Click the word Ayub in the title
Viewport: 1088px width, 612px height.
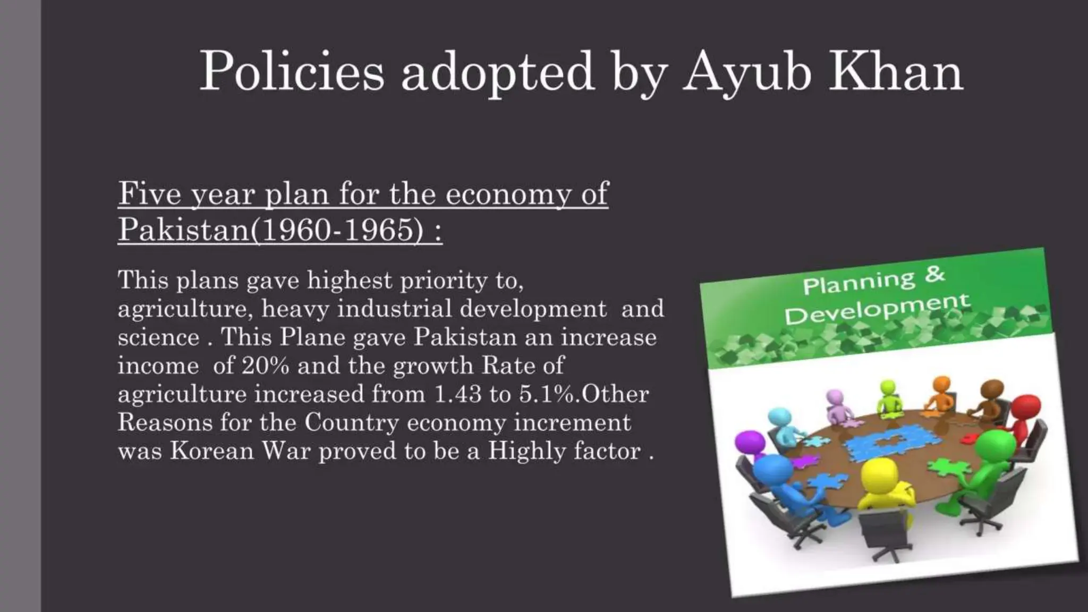coord(747,72)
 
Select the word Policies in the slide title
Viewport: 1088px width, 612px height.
coord(291,72)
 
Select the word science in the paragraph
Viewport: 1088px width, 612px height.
coord(158,337)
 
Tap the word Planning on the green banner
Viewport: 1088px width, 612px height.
coord(858,282)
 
